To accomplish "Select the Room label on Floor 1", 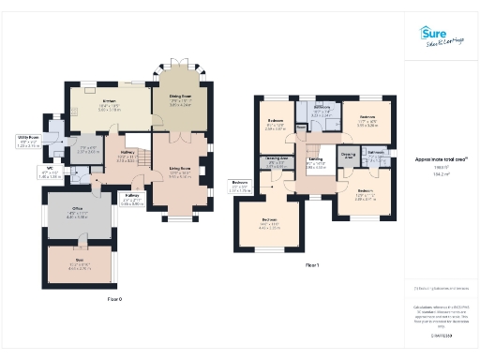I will pos(301,129).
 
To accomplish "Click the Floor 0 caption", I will pos(114,298).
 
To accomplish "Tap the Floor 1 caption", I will pos(311,265).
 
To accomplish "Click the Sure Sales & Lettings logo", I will pos(439,37).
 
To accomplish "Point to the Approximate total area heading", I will pos(441,159).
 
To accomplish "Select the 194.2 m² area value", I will pos(440,174).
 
